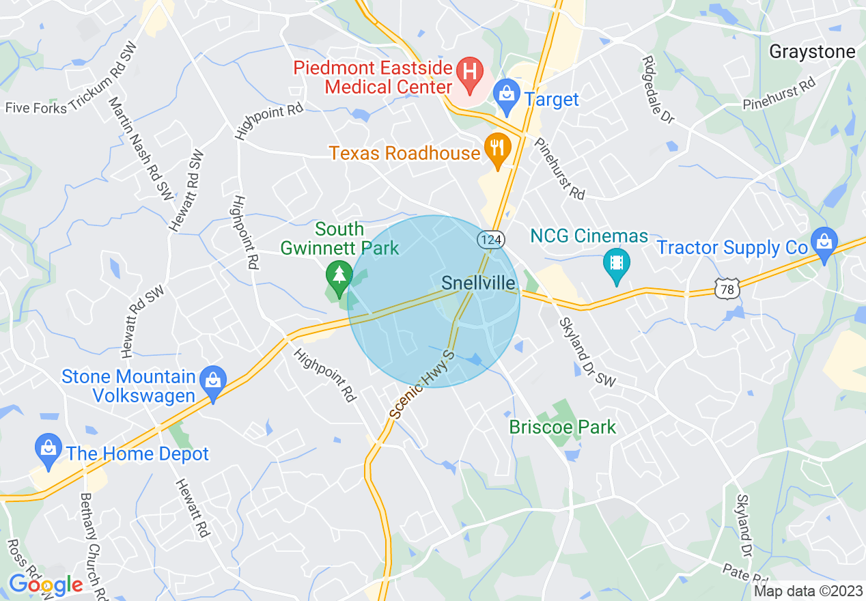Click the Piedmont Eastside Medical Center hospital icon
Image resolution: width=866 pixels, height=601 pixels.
point(469,70)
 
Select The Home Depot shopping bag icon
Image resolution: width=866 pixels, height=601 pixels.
point(48,450)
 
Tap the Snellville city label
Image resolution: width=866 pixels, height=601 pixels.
point(479,283)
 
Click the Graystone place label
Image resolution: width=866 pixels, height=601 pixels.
point(812,52)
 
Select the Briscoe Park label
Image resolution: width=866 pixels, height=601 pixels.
point(563,428)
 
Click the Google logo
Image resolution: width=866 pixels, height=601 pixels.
point(45,584)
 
